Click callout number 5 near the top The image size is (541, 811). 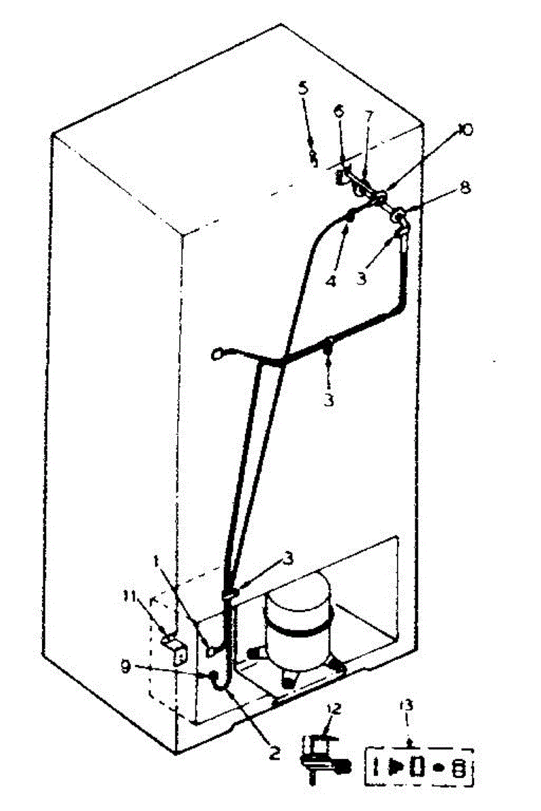point(304,87)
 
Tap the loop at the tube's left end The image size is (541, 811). point(218,352)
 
